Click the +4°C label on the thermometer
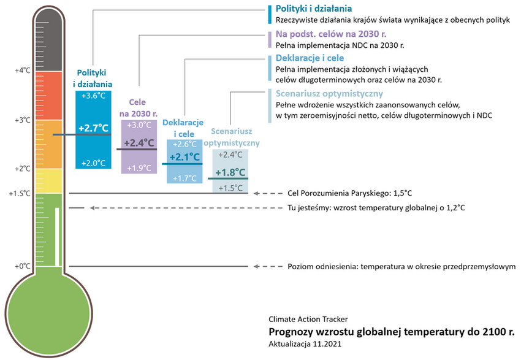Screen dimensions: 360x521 tap(22, 71)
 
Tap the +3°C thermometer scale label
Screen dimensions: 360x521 tap(22, 120)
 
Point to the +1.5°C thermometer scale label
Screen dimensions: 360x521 tap(20, 193)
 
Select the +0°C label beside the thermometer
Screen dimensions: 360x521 tap(22, 266)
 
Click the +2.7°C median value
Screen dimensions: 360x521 tap(93, 128)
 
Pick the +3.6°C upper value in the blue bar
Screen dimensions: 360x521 tap(93, 96)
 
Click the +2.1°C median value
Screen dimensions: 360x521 tap(184, 157)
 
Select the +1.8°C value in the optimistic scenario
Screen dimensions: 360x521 tap(230, 172)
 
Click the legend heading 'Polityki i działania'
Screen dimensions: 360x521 tap(314, 9)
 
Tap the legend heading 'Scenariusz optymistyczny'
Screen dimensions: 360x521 tap(329, 94)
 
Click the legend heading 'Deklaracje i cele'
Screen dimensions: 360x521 tap(310, 59)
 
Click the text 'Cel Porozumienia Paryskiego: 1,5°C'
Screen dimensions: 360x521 tap(350, 193)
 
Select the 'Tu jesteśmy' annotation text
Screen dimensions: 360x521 tap(376, 208)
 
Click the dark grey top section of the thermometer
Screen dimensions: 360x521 tap(48, 40)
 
